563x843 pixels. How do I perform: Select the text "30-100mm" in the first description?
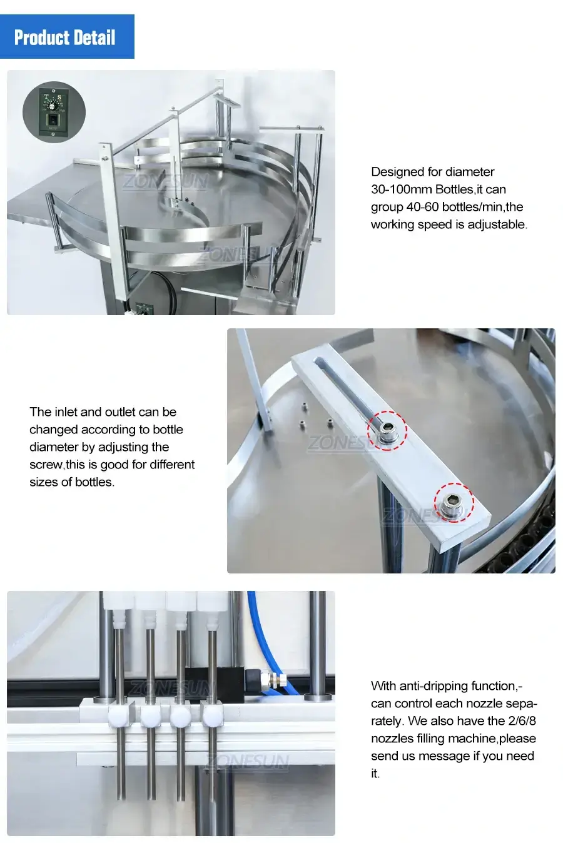[x=401, y=189]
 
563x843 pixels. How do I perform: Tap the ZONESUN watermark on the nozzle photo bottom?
[x=248, y=762]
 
